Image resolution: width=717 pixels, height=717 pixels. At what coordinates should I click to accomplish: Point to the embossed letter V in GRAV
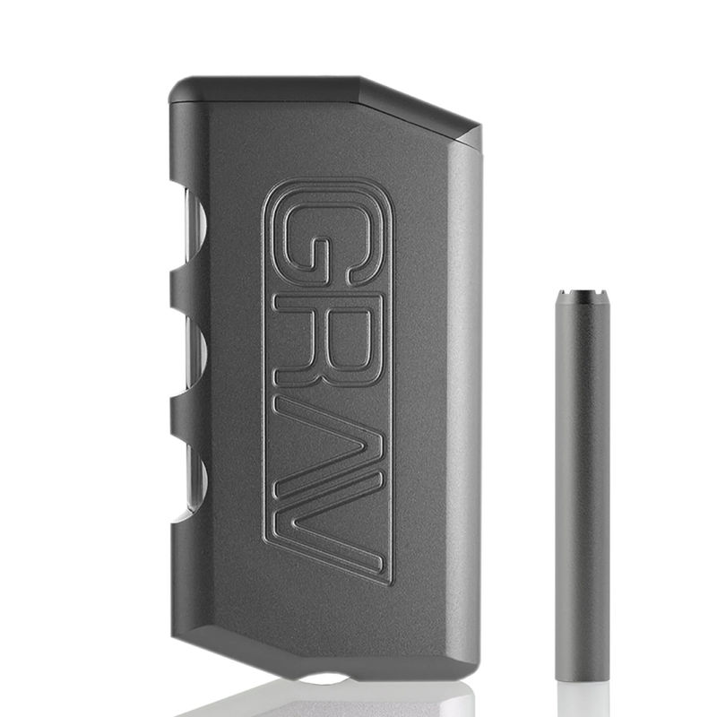(x=330, y=529)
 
